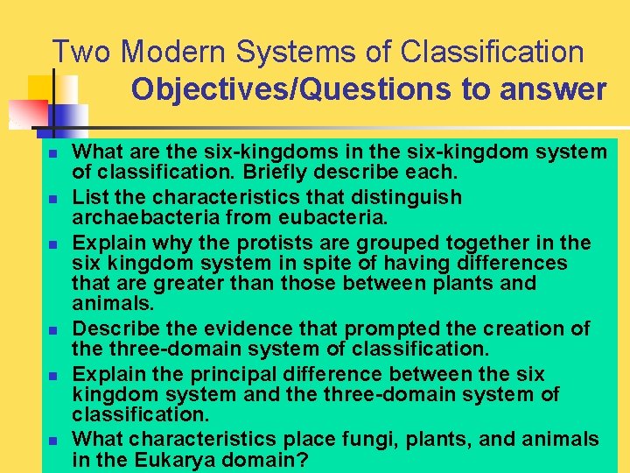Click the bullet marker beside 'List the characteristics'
click(52, 198)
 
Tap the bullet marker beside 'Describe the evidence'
click(52, 329)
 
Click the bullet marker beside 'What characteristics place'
click(52, 440)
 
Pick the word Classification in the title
click(492, 53)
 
